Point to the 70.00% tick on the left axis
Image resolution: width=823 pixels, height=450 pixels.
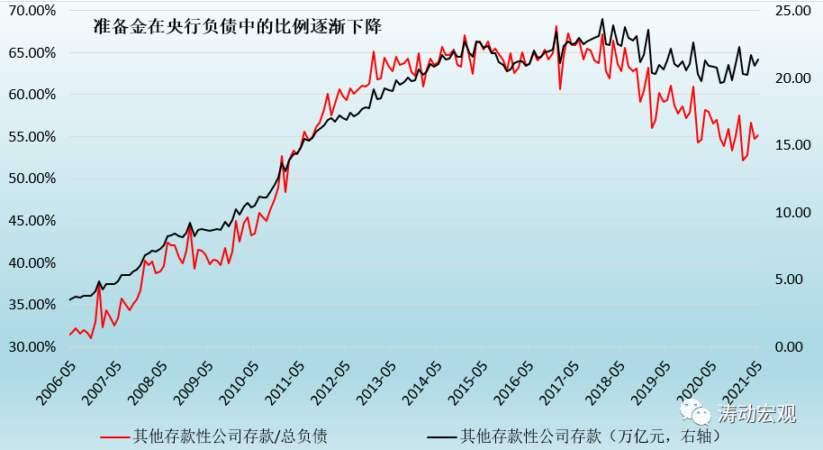pos(34,11)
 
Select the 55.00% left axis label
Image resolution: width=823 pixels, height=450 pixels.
pos(34,137)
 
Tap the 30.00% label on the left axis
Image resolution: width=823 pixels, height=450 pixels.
pos(34,347)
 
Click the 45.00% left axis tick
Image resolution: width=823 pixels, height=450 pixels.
pos(34,221)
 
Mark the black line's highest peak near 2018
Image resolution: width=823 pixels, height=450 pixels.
pos(602,19)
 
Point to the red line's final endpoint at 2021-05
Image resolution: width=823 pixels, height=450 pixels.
pos(758,135)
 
